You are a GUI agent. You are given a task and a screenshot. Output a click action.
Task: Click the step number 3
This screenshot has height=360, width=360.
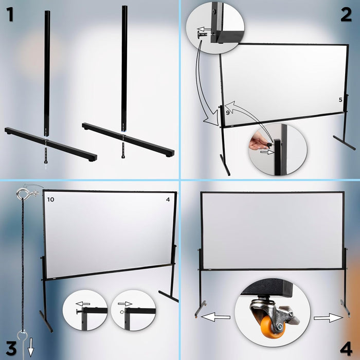(10, 346)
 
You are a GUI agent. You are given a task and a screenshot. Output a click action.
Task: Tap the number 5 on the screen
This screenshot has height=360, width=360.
(340, 99)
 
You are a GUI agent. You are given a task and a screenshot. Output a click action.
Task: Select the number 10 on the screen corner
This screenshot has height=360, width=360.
(50, 199)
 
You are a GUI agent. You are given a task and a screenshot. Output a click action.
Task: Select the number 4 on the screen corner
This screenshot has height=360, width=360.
(168, 199)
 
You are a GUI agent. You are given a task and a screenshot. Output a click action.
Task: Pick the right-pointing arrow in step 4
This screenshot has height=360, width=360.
(328, 318)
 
